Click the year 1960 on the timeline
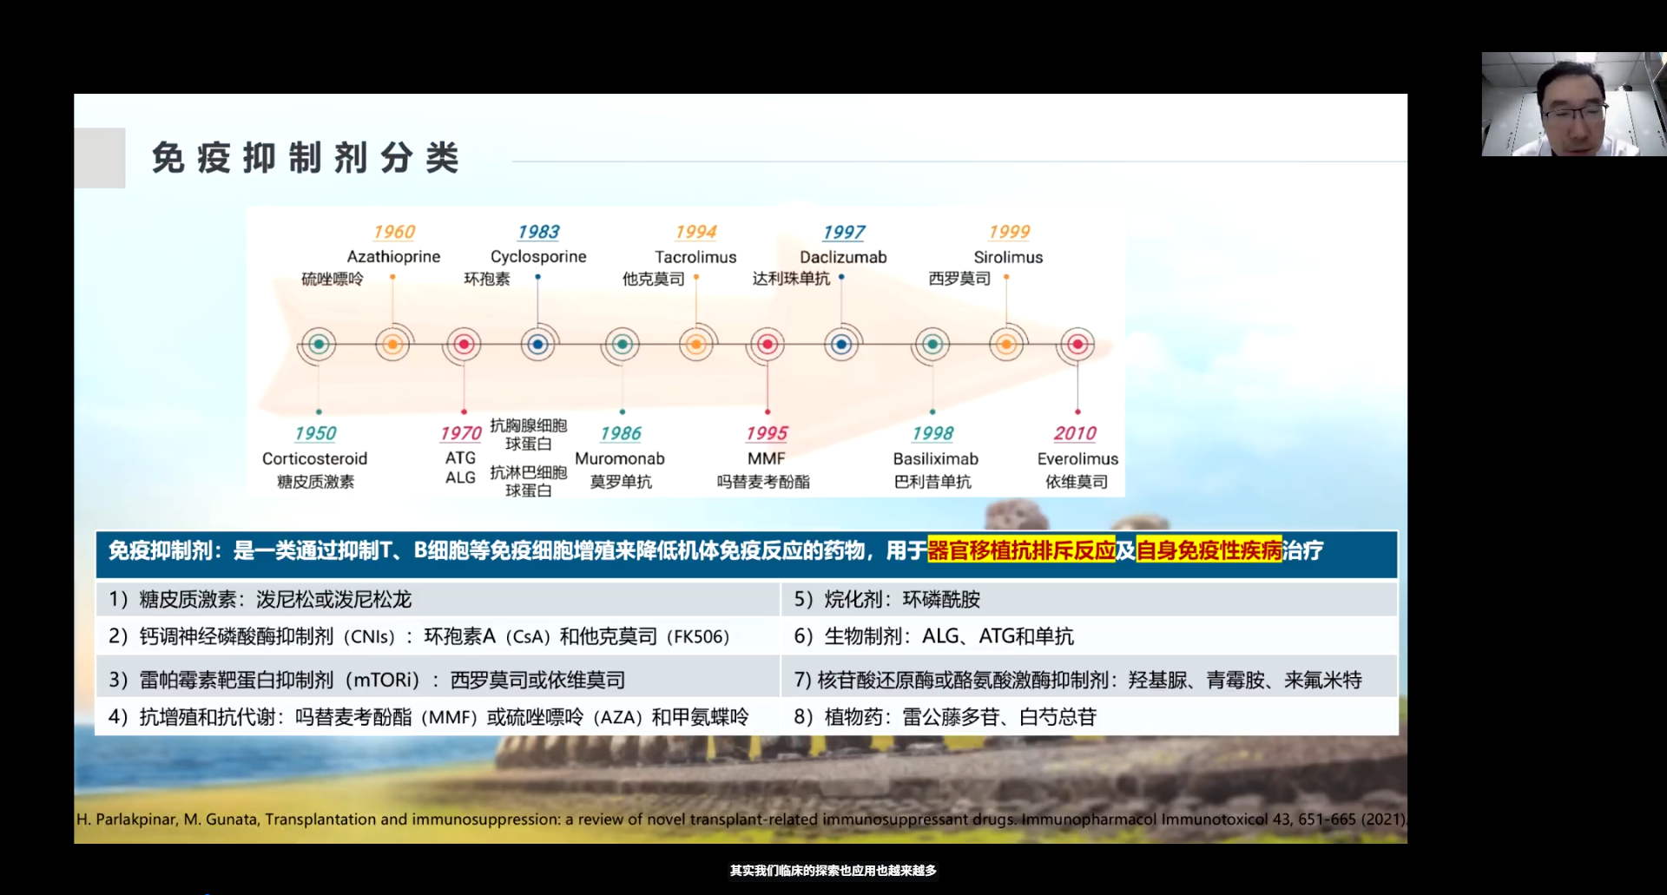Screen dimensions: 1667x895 (x=394, y=232)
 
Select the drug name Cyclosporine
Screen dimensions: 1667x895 (x=538, y=257)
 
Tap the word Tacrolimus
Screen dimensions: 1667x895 (x=695, y=257)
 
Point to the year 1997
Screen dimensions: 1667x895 (x=844, y=232)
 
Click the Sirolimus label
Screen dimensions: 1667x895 (x=1008, y=257)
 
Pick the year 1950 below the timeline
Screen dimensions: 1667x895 (x=315, y=433)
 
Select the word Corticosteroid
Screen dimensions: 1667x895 (x=314, y=458)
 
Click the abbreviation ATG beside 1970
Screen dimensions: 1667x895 (x=460, y=457)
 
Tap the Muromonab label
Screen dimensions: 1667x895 (x=620, y=458)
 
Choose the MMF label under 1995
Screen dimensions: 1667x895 (x=766, y=458)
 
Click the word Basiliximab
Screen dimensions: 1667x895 (x=935, y=458)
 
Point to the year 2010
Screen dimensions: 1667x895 (x=1075, y=433)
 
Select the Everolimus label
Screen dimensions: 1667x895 (x=1077, y=458)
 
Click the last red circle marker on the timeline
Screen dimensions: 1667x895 (x=1077, y=345)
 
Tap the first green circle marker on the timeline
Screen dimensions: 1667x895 (x=319, y=345)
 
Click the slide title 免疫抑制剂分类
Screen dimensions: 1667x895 (x=305, y=158)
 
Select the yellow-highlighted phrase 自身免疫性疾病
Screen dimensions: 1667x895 (x=1209, y=550)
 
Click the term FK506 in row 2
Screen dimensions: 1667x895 (x=698, y=636)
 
